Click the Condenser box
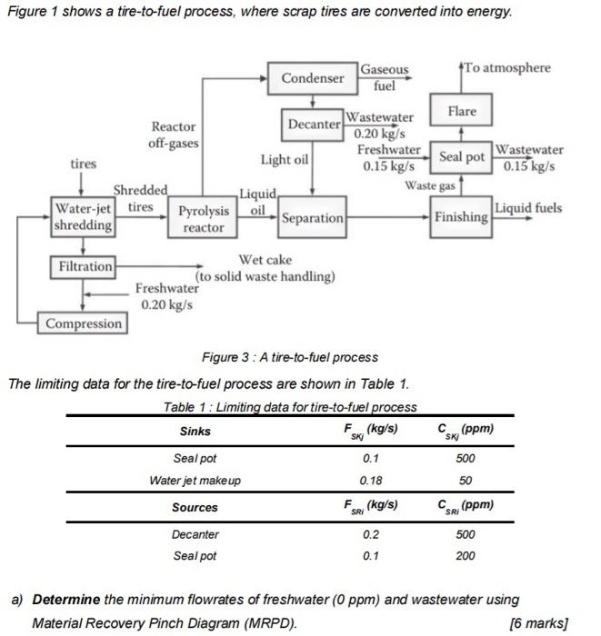313,78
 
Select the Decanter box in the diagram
315,123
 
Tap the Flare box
461,112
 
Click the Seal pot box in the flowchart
462,156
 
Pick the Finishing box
461,218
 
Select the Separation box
312,218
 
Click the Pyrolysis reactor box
203,219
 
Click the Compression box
83,323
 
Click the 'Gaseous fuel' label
385,78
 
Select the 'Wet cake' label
265,261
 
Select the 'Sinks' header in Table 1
195,431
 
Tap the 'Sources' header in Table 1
195,507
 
